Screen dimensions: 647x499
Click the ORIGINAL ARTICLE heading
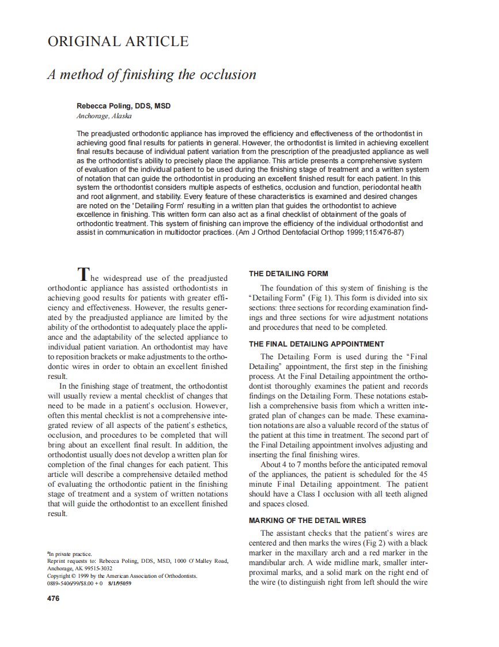(x=118, y=42)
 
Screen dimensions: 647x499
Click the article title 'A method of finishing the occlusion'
(x=152, y=75)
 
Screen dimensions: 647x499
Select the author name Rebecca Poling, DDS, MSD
(x=123, y=106)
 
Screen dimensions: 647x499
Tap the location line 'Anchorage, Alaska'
(x=104, y=116)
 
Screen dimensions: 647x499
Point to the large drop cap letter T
(x=84, y=273)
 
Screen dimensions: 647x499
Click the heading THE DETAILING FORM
(x=288, y=274)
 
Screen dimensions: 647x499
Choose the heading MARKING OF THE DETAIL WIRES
(x=307, y=520)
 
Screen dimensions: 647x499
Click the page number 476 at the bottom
(x=53, y=598)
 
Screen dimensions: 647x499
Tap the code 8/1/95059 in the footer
(x=119, y=583)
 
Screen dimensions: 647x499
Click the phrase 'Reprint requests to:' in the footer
(x=71, y=561)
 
